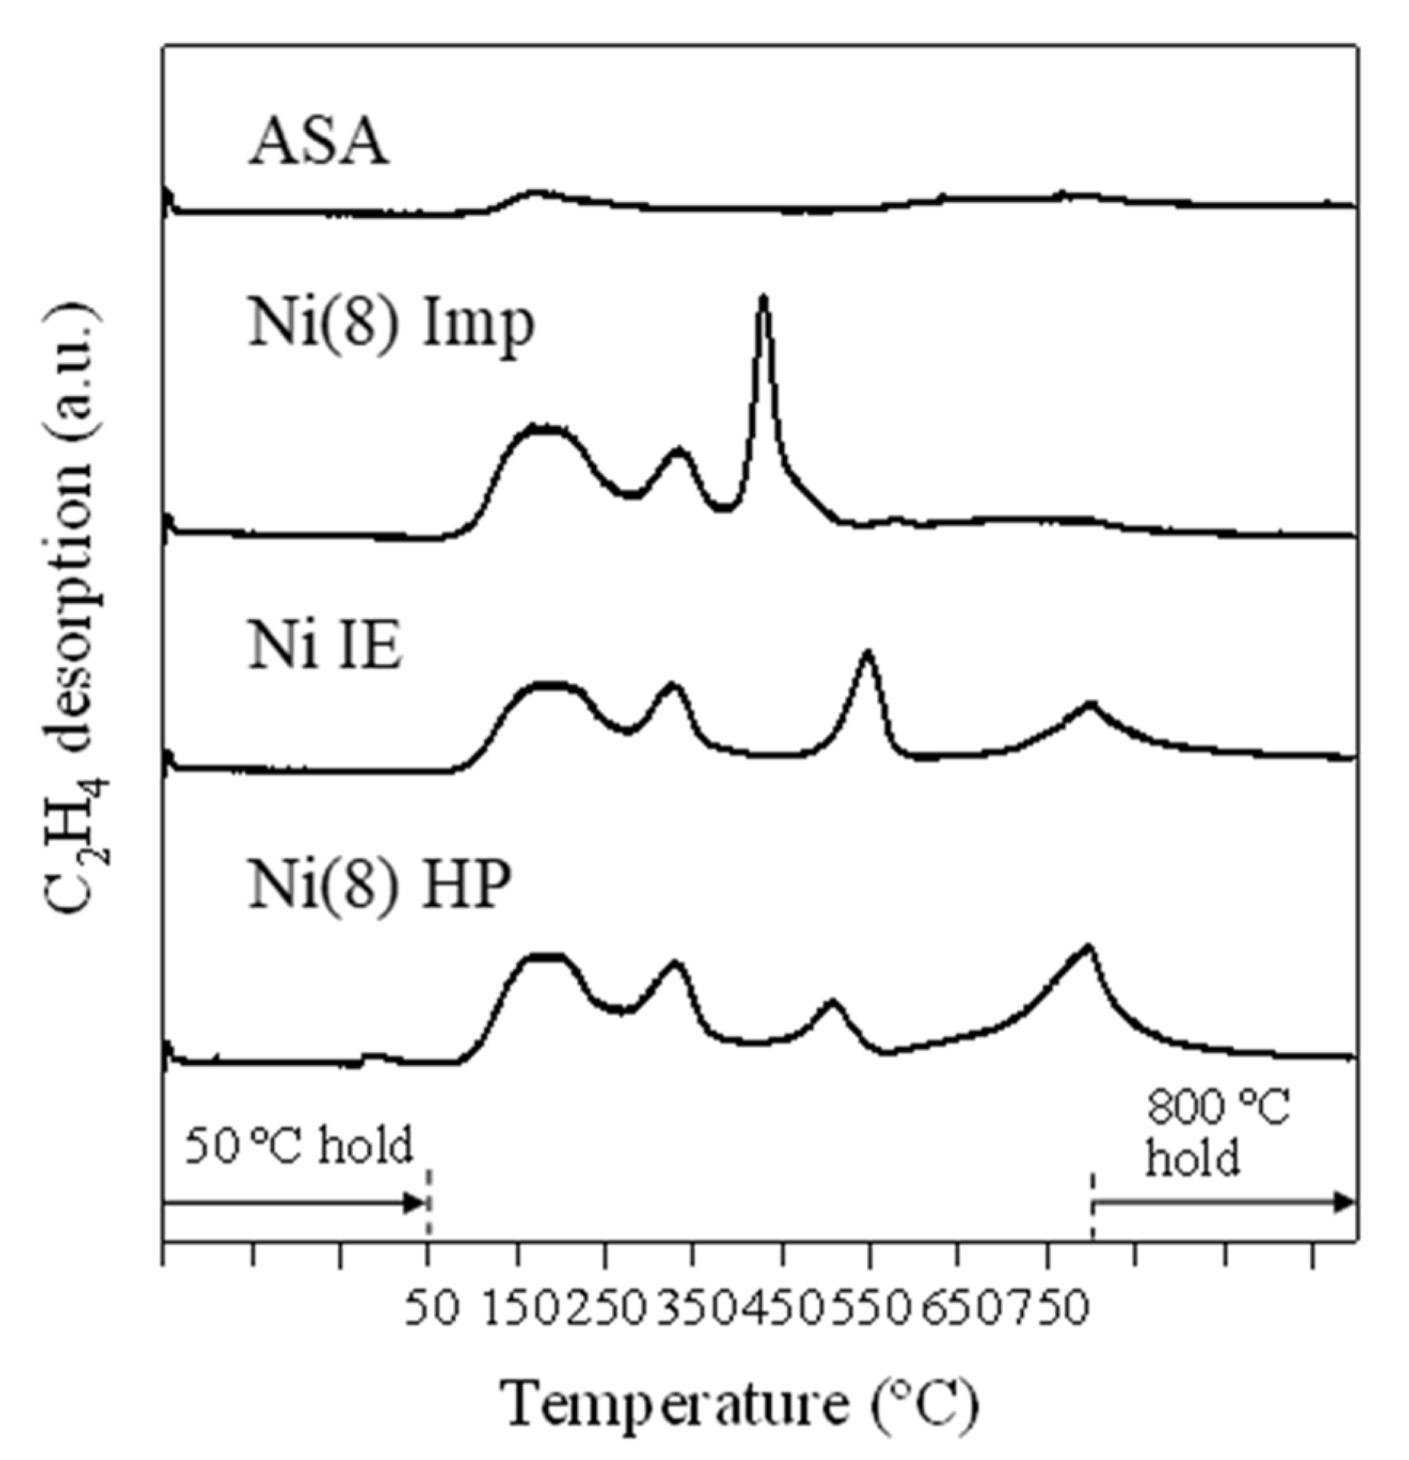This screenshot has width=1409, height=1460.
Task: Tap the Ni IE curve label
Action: tap(325, 647)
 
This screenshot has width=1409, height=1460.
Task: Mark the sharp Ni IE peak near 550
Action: tap(867, 653)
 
